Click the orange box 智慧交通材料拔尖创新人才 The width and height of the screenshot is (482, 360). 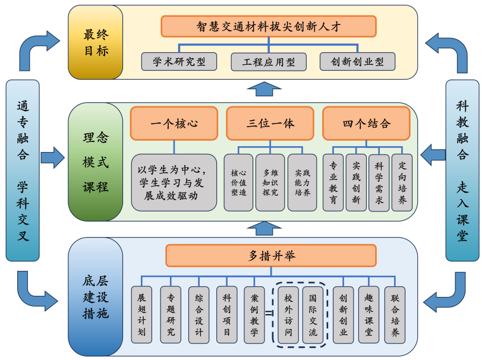click(x=269, y=27)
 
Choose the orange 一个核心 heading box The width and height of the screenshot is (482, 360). click(x=174, y=124)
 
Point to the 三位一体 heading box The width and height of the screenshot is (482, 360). click(x=270, y=124)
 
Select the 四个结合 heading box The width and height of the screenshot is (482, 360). click(x=366, y=124)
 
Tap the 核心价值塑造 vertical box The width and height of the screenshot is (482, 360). click(x=238, y=182)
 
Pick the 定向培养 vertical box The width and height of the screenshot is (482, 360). click(x=402, y=182)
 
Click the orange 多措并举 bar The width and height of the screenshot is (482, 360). click(x=270, y=255)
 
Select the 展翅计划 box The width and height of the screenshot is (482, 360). click(x=141, y=314)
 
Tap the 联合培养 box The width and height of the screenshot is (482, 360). click(x=395, y=314)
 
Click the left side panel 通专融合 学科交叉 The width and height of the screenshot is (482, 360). click(x=23, y=170)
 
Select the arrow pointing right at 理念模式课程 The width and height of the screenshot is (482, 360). click(x=52, y=158)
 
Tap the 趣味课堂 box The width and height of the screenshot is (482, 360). click(x=368, y=314)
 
